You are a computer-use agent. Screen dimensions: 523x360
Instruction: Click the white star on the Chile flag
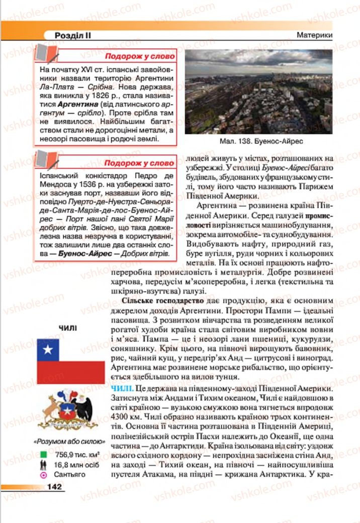pos(48,349)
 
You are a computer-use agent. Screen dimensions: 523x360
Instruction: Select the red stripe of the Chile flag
pos(70,372)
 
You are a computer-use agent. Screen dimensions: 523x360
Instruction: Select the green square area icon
pos(44,455)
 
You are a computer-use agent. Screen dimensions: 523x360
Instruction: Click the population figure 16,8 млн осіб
pos(78,464)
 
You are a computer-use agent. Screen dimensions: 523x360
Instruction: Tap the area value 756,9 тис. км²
pos(80,455)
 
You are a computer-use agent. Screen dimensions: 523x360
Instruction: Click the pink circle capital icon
pos(44,474)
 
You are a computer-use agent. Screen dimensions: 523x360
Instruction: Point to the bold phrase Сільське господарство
pos(162,300)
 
